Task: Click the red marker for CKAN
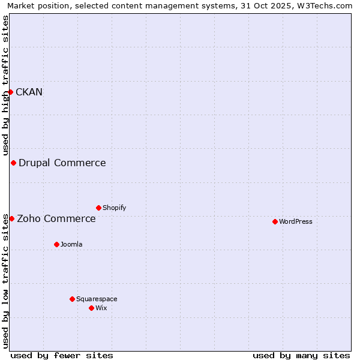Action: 11,92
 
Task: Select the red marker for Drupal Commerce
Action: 13,163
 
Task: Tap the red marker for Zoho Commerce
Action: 11,218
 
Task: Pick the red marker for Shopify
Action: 98,208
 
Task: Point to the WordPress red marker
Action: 275,221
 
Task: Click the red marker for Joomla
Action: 56,244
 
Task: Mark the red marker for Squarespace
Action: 72,299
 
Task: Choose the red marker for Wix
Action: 91,308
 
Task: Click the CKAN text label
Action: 29,92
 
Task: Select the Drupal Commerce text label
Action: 62,163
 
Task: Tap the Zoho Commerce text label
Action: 56,218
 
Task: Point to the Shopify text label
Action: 114,208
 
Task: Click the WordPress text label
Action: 295,221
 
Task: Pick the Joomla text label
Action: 71,244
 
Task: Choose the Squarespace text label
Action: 97,299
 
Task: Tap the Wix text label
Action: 101,308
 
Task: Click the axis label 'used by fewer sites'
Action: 62,355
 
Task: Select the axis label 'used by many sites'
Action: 301,355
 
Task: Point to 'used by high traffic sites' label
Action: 5,86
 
